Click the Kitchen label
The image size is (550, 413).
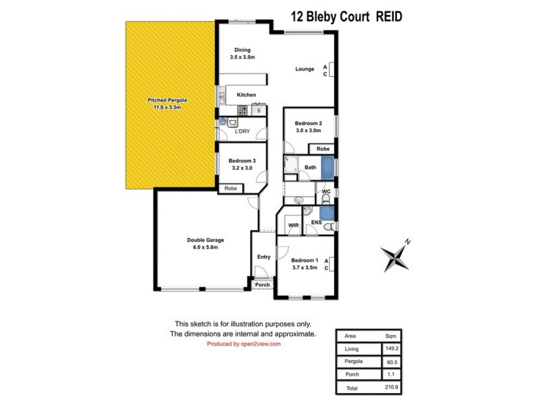tap(246, 95)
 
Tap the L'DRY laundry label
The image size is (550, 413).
tap(242, 131)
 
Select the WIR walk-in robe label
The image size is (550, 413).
tap(293, 225)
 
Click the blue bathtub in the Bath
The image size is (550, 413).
tap(328, 167)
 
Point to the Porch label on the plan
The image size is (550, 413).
tap(263, 284)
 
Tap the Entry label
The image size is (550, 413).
tap(263, 257)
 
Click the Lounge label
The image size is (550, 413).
tap(305, 69)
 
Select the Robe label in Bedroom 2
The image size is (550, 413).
tap(322, 149)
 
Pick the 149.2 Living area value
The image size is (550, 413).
tap(390, 349)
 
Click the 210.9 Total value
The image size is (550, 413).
tap(390, 388)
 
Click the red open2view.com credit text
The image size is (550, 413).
tap(243, 343)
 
